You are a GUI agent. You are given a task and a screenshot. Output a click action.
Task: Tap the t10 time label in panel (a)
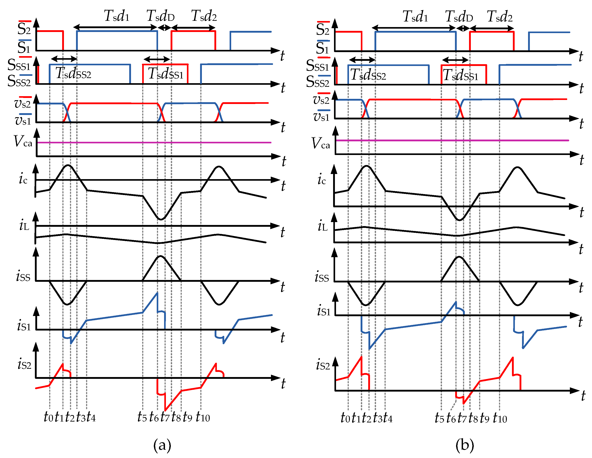click(203, 417)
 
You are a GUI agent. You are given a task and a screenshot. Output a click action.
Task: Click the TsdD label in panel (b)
click(459, 17)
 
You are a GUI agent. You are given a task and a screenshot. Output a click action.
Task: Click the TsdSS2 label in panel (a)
click(73, 73)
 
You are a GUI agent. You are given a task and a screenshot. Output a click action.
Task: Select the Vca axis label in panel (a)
click(23, 141)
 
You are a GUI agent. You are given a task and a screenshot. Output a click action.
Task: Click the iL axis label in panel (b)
click(323, 226)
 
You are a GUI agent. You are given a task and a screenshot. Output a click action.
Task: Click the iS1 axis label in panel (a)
click(24, 325)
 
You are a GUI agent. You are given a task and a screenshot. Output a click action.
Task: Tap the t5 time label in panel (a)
click(142, 417)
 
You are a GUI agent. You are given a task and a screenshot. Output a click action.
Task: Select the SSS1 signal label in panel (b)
click(317, 66)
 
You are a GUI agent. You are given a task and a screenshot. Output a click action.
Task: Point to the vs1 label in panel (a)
click(23, 120)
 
